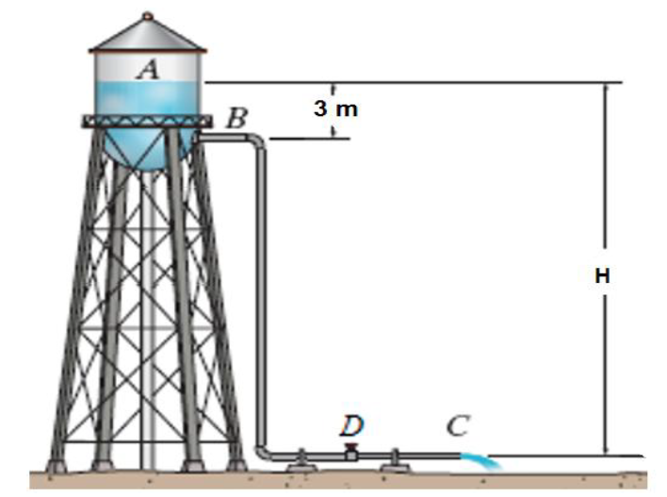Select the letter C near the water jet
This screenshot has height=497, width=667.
click(x=458, y=426)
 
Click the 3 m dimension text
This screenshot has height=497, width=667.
click(x=336, y=108)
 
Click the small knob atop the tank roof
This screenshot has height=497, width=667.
click(x=147, y=15)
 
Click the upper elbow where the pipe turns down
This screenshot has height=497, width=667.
click(x=256, y=141)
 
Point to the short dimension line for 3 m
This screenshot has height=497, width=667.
click(x=335, y=128)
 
